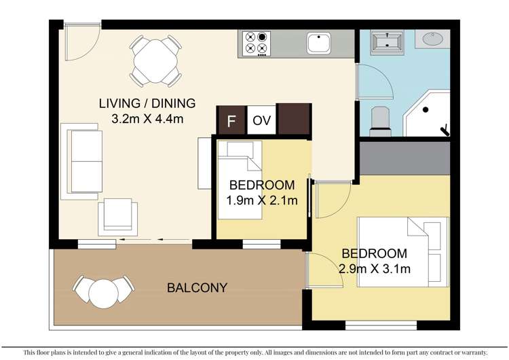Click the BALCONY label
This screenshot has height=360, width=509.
(196, 288)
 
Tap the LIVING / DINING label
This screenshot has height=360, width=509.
(147, 104)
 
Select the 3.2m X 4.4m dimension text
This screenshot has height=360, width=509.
(147, 119)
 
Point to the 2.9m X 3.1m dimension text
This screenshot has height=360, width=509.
(374, 268)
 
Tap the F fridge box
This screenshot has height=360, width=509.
(231, 122)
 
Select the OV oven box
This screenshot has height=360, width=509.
(261, 122)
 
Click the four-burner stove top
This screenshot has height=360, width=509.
(256, 43)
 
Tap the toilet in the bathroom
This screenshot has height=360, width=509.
(380, 120)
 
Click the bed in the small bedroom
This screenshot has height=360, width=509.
(240, 181)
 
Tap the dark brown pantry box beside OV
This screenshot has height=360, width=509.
(294, 120)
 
